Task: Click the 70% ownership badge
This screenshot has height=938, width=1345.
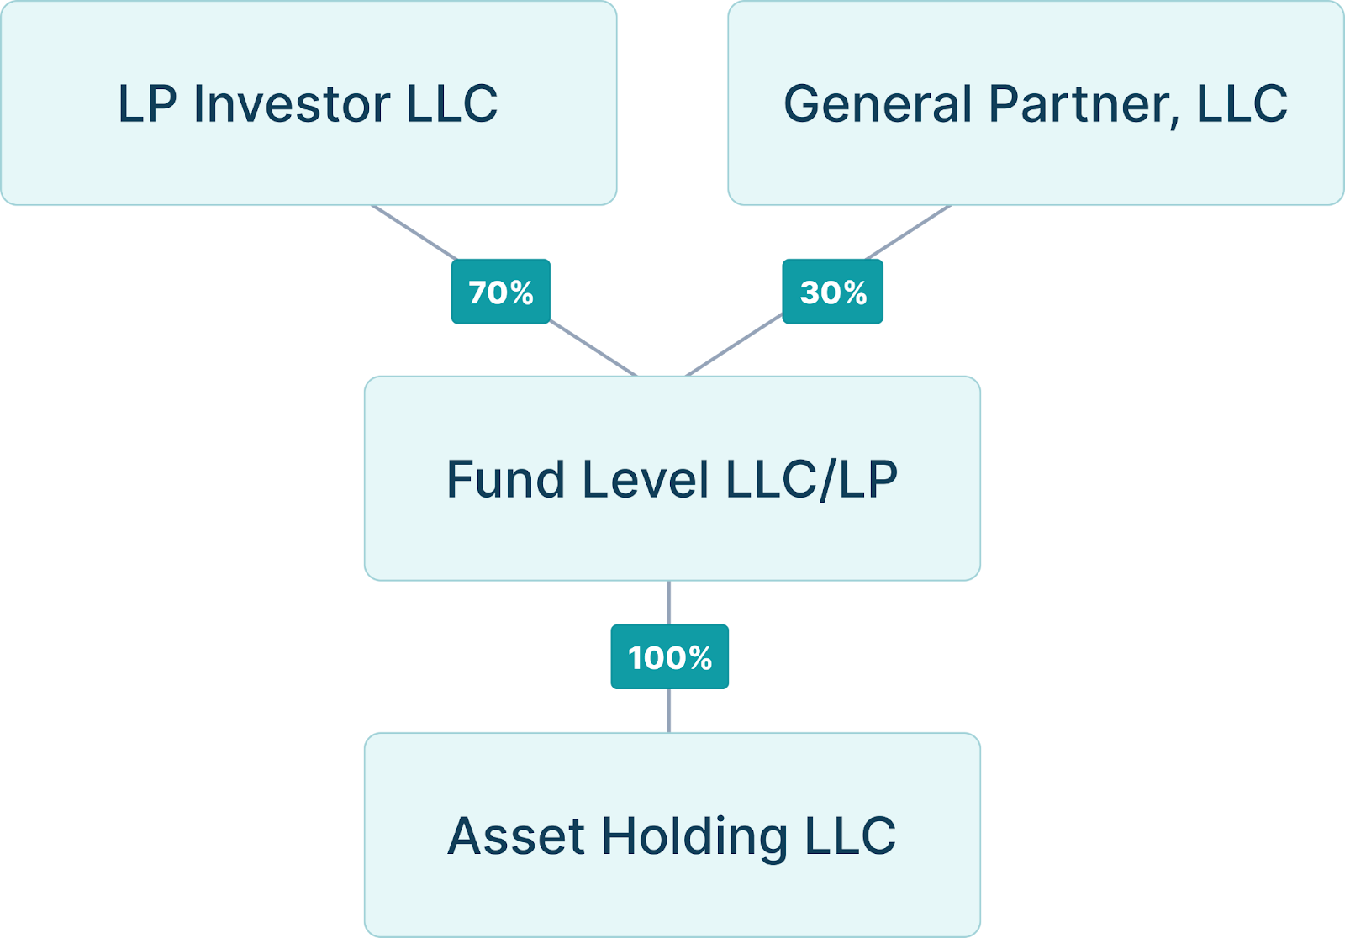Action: [500, 292]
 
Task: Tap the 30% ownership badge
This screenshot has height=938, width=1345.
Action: [832, 292]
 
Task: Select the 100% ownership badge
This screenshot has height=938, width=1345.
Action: [669, 656]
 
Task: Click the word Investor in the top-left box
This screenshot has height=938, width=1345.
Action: [292, 104]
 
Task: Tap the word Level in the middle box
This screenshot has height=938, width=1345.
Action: [645, 479]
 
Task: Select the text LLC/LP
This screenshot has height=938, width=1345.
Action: [811, 479]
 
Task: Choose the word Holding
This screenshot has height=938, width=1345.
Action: [694, 837]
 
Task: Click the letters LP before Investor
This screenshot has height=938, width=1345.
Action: [147, 104]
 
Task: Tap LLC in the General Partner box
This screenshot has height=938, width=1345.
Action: [1242, 104]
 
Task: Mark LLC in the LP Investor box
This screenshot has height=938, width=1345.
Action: [452, 104]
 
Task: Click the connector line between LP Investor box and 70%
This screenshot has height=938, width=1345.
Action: [415, 233]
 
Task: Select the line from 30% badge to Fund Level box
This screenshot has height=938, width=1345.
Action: [735, 345]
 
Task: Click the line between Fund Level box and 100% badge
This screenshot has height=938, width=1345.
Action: [669, 602]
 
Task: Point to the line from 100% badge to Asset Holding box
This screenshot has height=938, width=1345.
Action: [669, 710]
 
